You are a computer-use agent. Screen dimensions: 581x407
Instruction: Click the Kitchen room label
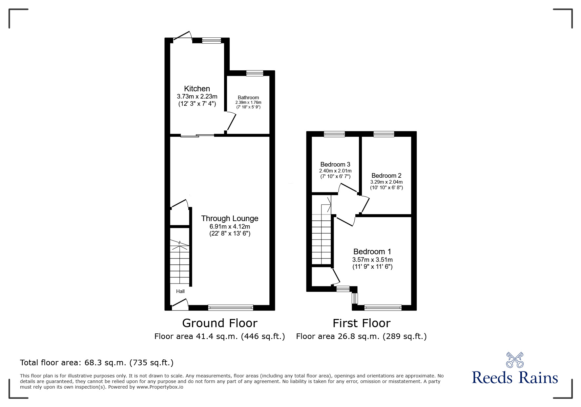pyautogui.click(x=197, y=88)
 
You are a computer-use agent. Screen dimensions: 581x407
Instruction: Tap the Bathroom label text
pyautogui.click(x=248, y=97)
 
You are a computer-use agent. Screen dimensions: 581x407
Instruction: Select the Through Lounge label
pyautogui.click(x=230, y=218)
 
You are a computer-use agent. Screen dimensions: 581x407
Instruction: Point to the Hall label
pyautogui.click(x=180, y=291)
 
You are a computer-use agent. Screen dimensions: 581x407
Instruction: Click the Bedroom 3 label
pyautogui.click(x=335, y=164)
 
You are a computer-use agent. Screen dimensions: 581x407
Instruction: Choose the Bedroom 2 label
pyautogui.click(x=386, y=175)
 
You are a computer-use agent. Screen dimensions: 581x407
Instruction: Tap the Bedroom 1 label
pyautogui.click(x=372, y=252)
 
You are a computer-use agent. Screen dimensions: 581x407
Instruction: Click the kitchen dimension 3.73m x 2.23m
pyautogui.click(x=197, y=97)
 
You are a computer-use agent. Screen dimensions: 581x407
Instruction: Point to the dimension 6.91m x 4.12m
pyautogui.click(x=230, y=227)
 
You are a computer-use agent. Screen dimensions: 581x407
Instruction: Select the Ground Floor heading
pyautogui.click(x=220, y=323)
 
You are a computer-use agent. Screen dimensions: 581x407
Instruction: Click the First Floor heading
pyautogui.click(x=362, y=323)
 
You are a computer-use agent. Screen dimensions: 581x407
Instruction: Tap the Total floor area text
pyautogui.click(x=97, y=363)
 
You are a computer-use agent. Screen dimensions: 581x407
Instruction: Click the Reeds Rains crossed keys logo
pyautogui.click(x=515, y=360)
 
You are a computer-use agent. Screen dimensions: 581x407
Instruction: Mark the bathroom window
pyautogui.click(x=255, y=73)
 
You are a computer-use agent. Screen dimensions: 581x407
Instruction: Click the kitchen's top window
pyautogui.click(x=212, y=40)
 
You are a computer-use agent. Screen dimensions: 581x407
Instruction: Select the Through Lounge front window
pyautogui.click(x=231, y=308)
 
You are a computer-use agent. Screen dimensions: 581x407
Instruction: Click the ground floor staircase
pyautogui.click(x=180, y=262)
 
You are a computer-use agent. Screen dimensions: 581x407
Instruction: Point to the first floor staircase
pyautogui.click(x=322, y=234)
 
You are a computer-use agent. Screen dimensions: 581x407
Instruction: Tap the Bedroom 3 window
pyautogui.click(x=334, y=134)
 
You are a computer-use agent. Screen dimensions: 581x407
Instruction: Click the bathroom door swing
pyautogui.click(x=232, y=122)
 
